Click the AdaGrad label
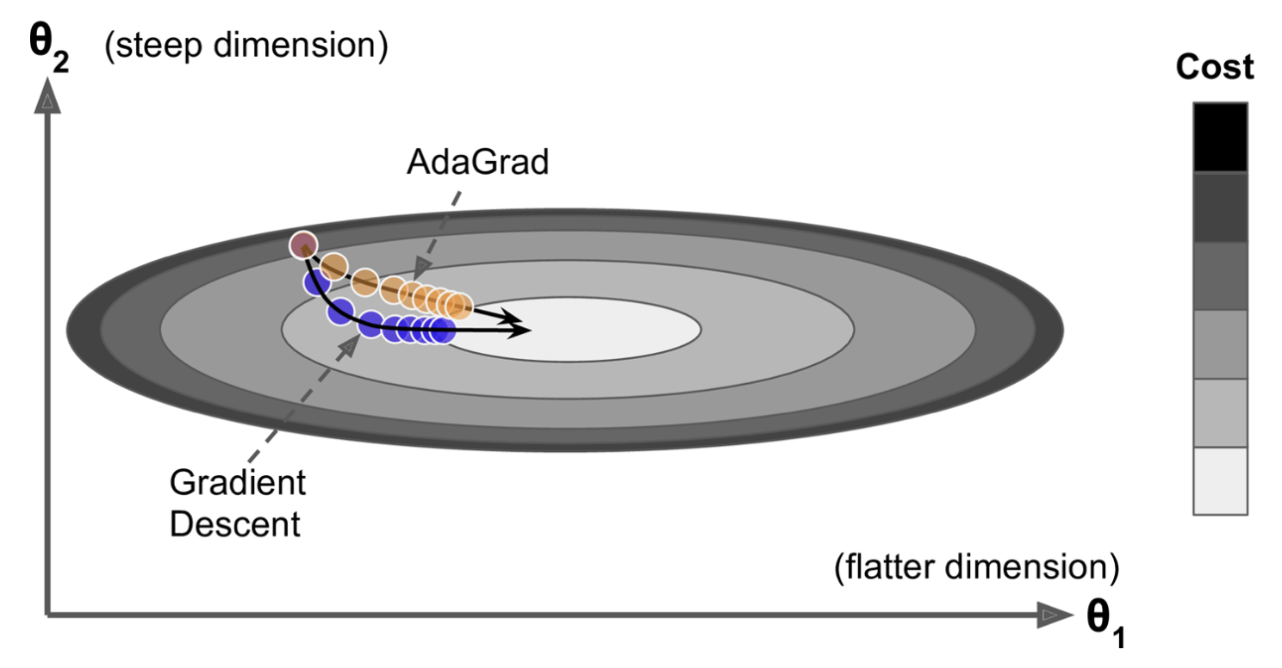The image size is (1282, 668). click(x=476, y=162)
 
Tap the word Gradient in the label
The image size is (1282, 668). click(x=237, y=483)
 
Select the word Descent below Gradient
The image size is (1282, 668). click(x=234, y=523)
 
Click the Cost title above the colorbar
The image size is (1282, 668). click(x=1215, y=68)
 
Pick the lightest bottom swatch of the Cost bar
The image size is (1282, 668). click(x=1219, y=480)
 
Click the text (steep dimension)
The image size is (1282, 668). click(x=246, y=46)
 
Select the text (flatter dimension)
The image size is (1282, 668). click(x=976, y=567)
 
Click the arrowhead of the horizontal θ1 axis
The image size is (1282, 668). click(x=1052, y=615)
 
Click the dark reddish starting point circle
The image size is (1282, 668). click(x=302, y=245)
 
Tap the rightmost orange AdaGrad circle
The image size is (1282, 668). click(x=458, y=304)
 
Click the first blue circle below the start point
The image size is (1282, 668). click(x=317, y=281)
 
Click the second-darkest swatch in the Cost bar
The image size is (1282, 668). click(x=1219, y=207)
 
